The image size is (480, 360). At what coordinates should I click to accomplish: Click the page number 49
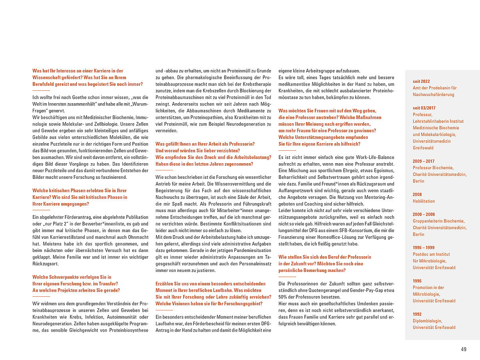pyautogui.click(x=464, y=349)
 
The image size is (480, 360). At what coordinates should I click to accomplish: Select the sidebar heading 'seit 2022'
pyautogui.click(x=421, y=81)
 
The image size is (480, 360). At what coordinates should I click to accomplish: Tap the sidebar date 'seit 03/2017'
pyautogui.click(x=424, y=108)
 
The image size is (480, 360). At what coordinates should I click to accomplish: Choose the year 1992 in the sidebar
pyautogui.click(x=417, y=314)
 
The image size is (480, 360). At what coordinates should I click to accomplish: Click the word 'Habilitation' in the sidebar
pyautogui.click(x=424, y=201)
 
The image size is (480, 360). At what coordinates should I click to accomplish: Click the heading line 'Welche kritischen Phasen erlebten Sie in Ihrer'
pyautogui.click(x=80, y=191)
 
